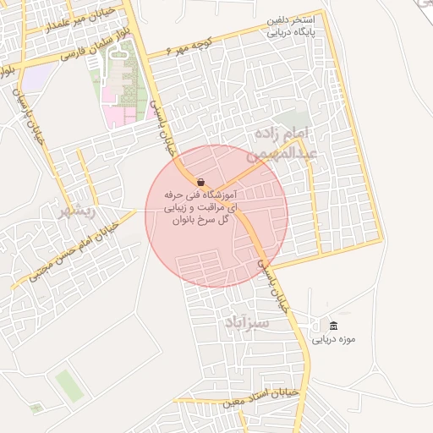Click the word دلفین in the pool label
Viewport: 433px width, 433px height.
[281, 19]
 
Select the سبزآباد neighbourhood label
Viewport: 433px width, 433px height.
[247, 322]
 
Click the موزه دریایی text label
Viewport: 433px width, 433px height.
[328, 340]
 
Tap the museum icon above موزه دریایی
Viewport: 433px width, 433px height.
[333, 326]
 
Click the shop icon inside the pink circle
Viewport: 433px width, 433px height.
[200, 182]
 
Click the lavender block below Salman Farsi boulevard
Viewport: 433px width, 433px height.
[34, 79]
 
